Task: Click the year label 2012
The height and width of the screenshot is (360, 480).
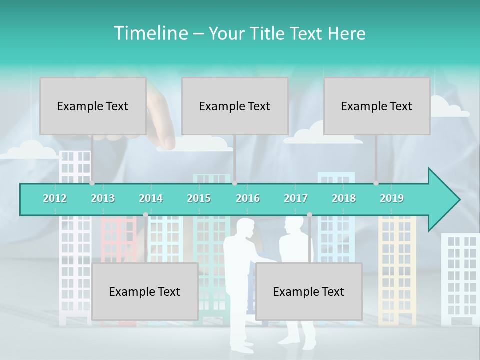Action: click(x=55, y=198)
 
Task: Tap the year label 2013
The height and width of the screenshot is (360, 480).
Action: click(x=103, y=198)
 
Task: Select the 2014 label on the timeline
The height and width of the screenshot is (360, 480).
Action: click(x=151, y=198)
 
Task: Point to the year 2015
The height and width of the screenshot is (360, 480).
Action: click(x=199, y=198)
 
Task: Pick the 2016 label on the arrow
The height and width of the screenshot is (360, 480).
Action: click(x=248, y=198)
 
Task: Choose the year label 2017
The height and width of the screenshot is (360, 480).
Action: click(x=296, y=198)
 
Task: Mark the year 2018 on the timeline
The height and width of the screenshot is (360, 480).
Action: click(x=344, y=198)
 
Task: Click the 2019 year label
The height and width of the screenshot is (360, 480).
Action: click(x=392, y=198)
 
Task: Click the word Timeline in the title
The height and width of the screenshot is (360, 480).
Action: click(x=150, y=33)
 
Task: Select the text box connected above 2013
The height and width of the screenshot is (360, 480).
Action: click(x=93, y=106)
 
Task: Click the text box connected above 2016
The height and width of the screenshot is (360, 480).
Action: click(x=235, y=106)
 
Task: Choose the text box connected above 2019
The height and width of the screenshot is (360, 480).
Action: click(x=377, y=106)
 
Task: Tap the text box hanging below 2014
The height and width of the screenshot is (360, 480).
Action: click(x=145, y=291)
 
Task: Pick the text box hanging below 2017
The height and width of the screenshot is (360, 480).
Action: click(x=309, y=291)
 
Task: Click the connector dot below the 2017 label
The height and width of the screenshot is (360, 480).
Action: click(x=309, y=214)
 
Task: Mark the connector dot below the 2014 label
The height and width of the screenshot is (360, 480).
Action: click(x=145, y=214)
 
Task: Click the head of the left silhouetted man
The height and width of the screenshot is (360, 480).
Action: click(x=245, y=228)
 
